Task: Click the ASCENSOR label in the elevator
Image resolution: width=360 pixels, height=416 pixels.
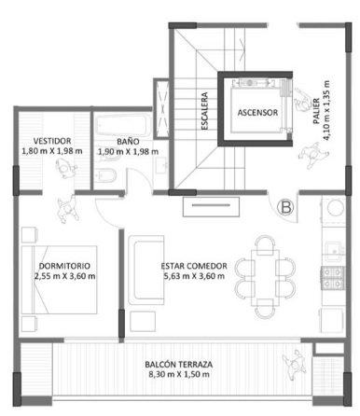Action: tap(257, 113)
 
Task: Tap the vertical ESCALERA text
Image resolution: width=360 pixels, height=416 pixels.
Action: tap(204, 111)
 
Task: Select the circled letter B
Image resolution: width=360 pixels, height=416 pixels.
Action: tap(285, 207)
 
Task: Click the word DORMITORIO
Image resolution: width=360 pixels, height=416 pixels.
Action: tap(64, 266)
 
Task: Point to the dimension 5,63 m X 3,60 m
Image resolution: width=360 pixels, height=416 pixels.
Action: tap(194, 276)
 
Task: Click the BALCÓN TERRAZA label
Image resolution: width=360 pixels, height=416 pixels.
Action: tap(179, 364)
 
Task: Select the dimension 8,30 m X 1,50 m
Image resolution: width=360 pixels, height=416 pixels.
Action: tap(179, 374)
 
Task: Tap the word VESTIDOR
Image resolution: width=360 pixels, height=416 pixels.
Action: tap(52, 141)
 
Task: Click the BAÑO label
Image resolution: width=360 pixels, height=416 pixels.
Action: tap(128, 142)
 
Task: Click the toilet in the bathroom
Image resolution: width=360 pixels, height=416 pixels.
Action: tap(104, 176)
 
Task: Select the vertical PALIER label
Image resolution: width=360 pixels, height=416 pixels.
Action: tap(316, 111)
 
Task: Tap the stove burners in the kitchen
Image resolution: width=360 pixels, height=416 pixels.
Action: tap(332, 278)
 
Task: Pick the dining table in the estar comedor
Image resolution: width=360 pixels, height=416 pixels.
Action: tap(265, 273)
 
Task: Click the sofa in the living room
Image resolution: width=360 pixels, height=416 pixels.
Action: tap(145, 270)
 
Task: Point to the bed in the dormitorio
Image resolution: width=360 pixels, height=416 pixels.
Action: tap(59, 280)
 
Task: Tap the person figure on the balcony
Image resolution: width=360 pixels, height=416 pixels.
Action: tap(295, 364)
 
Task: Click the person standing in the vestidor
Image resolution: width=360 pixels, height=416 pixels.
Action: tap(65, 168)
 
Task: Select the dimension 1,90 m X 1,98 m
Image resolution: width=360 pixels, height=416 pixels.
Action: tap(128, 152)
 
